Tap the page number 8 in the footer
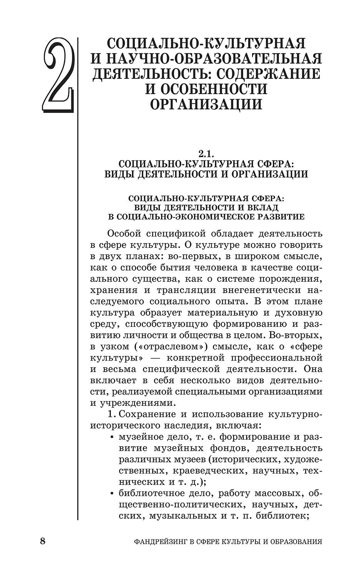[43, 541]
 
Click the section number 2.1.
[206, 154]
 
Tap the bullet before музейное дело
[112, 437]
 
